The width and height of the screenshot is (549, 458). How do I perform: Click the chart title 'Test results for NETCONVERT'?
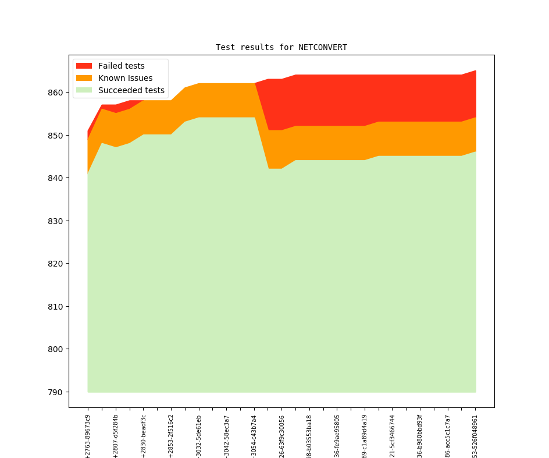point(281,47)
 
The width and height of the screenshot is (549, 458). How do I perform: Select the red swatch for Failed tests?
point(84,66)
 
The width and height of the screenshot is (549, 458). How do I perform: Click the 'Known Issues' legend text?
point(125,78)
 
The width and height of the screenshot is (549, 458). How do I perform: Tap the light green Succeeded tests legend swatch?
point(84,91)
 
